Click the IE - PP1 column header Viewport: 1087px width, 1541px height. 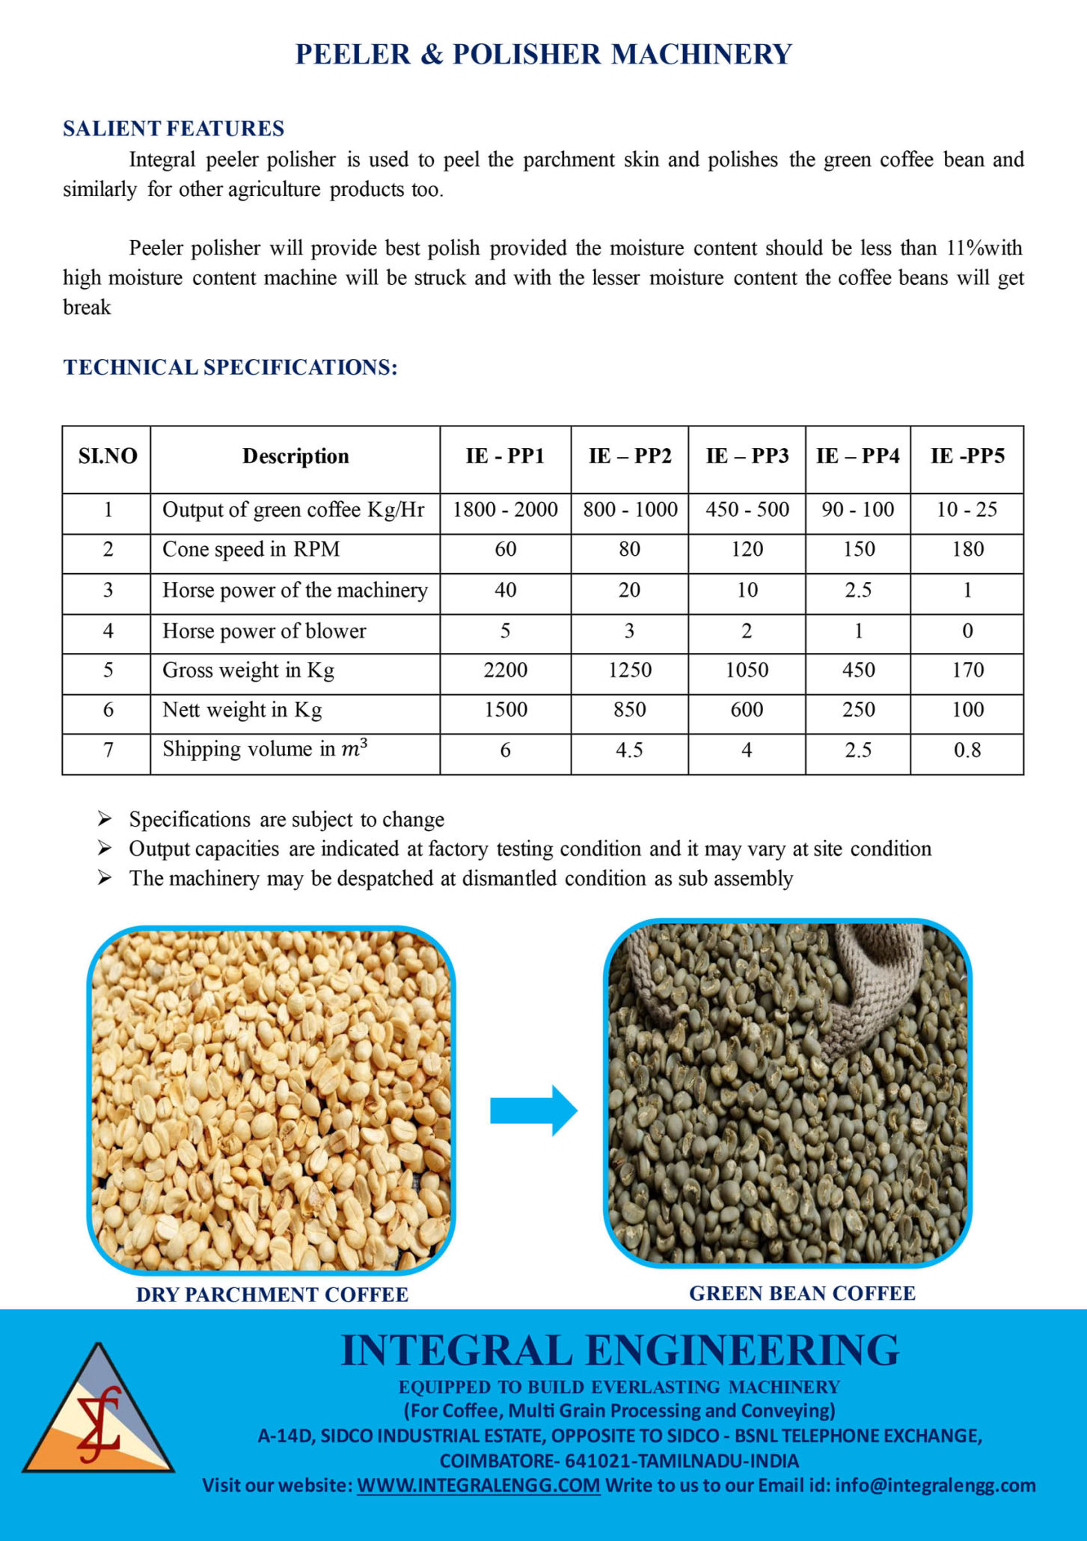[505, 456]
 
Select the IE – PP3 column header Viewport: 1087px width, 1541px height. [747, 456]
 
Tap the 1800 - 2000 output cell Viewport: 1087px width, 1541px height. [505, 510]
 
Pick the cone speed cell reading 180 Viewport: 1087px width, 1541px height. [967, 550]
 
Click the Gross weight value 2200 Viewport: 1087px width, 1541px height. [505, 670]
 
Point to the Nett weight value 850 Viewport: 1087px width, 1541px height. [629, 710]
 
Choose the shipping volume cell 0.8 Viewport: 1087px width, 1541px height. [967, 750]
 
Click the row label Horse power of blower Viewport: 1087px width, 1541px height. [264, 631]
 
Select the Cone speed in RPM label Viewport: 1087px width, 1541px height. [251, 550]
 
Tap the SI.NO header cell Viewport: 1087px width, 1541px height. [108, 456]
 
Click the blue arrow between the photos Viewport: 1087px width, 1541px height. [533, 1111]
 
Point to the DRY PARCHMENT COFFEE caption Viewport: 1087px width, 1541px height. [272, 1295]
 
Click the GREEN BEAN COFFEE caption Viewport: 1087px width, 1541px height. [802, 1293]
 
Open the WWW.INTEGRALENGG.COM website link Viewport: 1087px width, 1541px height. [478, 1485]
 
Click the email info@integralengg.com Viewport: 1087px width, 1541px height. [935, 1485]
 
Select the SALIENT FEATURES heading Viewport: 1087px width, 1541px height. [174, 129]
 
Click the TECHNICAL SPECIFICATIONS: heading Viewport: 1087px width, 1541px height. [230, 367]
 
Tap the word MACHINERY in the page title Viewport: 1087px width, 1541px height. [701, 55]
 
